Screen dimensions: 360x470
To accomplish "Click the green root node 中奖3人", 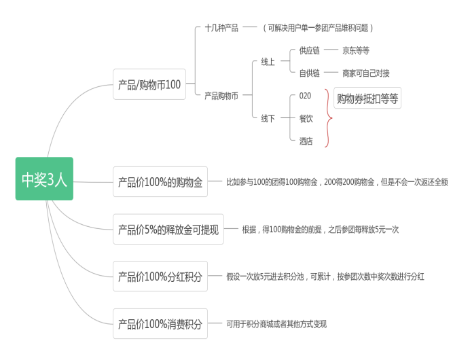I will coord(44,179).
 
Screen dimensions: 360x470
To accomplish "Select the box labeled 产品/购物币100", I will coord(149,84).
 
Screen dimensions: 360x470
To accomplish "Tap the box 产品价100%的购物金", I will coord(160,182).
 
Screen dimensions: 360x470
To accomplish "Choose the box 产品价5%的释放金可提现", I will coord(168,230).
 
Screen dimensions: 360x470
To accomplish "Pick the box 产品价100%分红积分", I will coord(160,276).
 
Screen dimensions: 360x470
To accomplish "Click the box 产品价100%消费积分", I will coord(160,324).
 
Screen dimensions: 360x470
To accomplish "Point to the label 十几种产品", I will coord(221,28).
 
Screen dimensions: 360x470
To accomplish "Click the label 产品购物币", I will coord(221,96).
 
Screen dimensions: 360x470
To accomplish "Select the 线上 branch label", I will coord(268,62).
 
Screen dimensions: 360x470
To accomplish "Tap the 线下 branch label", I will coord(268,118).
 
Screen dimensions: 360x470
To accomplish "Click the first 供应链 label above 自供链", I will coord(309,50).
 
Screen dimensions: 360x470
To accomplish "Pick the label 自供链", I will coord(309,73).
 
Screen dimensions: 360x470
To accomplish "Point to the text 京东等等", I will coord(356,50).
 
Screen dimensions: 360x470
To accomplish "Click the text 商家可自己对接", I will coord(366,73).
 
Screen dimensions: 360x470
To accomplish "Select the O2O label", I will coord(305,96).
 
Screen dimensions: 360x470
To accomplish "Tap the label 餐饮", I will coord(306,118).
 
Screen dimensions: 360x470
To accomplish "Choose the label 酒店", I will coord(306,141).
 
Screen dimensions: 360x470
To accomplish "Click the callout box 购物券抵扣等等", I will coord(367,98).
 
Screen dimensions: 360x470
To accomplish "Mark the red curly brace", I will coord(329,118).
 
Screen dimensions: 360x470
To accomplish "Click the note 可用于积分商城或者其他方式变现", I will coord(276,324).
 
